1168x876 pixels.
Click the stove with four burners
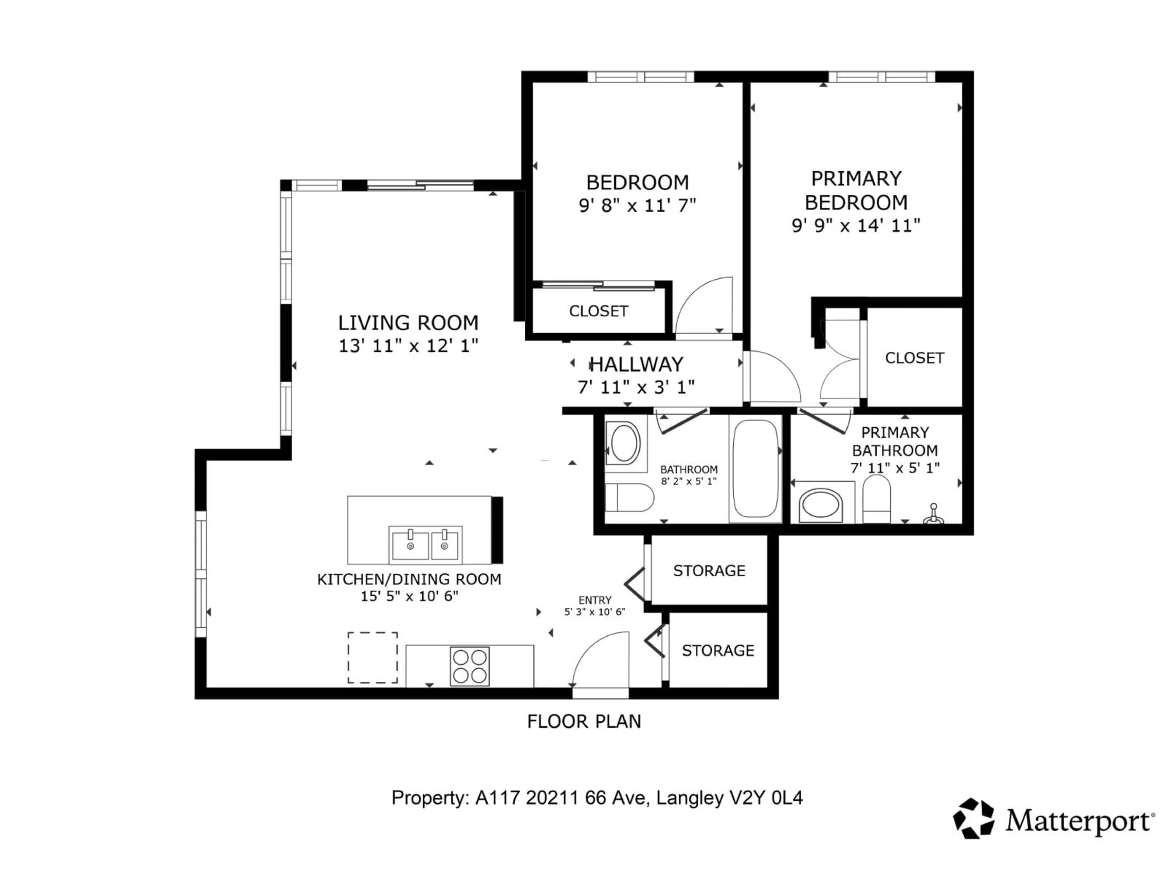pos(469,666)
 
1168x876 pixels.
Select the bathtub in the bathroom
pos(755,468)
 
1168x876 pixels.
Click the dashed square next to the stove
pos(372,657)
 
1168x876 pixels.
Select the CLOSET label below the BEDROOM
pos(598,311)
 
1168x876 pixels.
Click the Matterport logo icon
pos(973,818)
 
